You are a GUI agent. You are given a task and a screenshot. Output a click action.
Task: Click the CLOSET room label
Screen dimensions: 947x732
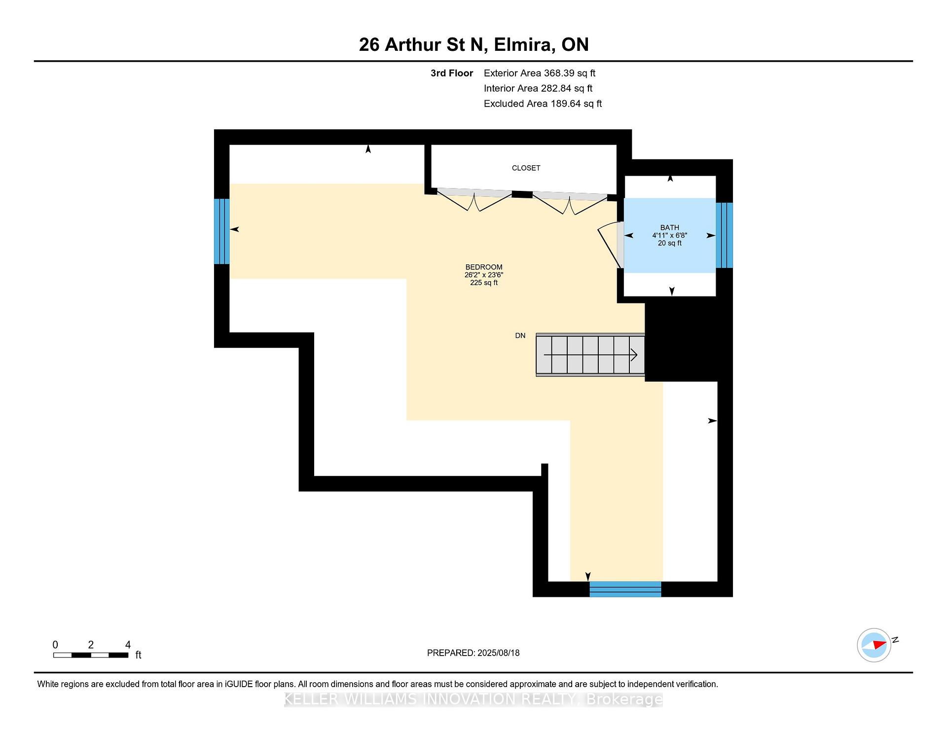pyautogui.click(x=526, y=168)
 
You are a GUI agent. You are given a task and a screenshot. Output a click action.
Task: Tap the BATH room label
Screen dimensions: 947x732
pyautogui.click(x=669, y=227)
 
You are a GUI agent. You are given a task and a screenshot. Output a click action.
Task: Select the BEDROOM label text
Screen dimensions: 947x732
pyautogui.click(x=484, y=267)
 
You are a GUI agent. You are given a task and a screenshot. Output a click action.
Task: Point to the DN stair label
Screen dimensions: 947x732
pyautogui.click(x=520, y=336)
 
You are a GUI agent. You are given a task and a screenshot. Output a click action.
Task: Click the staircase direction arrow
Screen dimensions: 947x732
pyautogui.click(x=590, y=355)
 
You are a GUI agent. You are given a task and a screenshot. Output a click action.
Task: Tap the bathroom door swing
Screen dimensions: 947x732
pyautogui.click(x=610, y=245)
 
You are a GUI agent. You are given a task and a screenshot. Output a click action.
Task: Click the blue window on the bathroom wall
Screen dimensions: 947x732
pyautogui.click(x=724, y=235)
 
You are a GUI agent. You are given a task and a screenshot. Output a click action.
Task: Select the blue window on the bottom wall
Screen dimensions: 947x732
pyautogui.click(x=625, y=589)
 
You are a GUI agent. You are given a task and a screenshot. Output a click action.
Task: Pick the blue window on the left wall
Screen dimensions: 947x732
pyautogui.click(x=222, y=231)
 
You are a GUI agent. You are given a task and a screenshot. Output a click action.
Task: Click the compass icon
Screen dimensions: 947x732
pyautogui.click(x=874, y=645)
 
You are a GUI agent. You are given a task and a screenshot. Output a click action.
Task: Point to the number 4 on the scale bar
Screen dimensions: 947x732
pyautogui.click(x=128, y=645)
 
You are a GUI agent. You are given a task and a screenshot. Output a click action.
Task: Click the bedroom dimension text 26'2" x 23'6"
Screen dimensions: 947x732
pyautogui.click(x=484, y=275)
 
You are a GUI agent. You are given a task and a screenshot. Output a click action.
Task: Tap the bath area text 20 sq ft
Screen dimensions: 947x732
pyautogui.click(x=669, y=243)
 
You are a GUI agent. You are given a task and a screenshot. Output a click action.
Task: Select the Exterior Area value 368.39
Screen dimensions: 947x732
pyautogui.click(x=560, y=73)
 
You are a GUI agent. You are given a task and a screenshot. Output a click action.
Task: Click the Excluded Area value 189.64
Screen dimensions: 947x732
pyautogui.click(x=566, y=104)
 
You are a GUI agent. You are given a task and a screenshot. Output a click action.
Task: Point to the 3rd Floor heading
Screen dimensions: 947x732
pyautogui.click(x=452, y=73)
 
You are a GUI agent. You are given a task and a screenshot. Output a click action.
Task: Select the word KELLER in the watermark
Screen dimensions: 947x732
pyautogui.click(x=312, y=699)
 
